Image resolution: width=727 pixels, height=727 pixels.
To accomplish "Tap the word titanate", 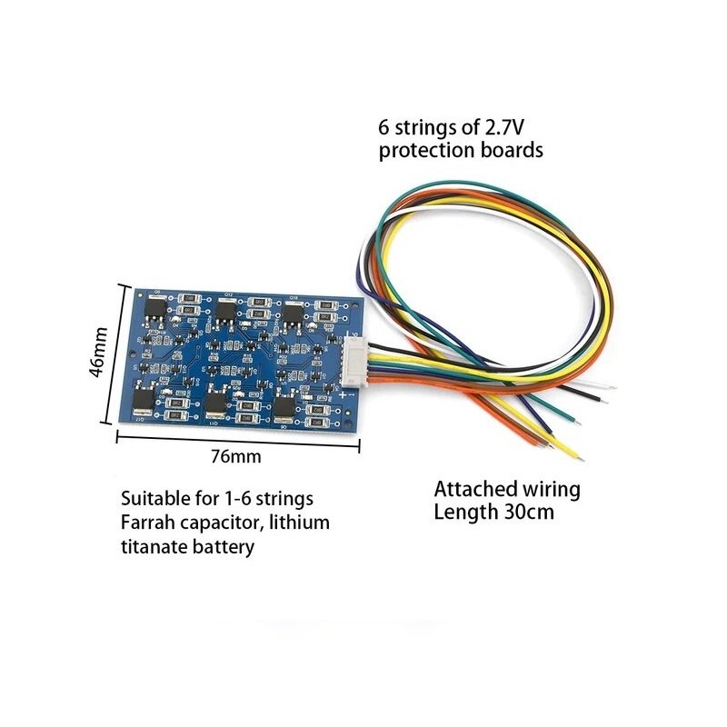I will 154,546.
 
